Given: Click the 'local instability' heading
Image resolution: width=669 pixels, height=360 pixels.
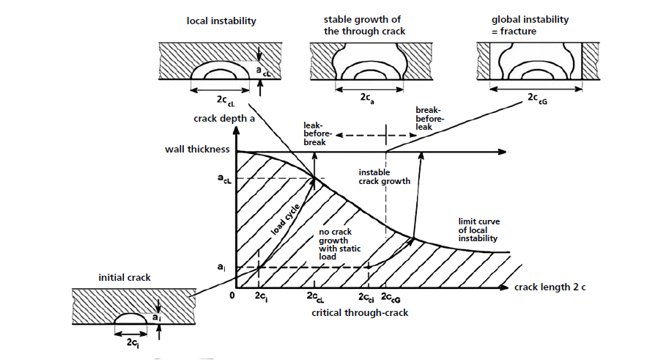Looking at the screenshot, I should [x=221, y=21].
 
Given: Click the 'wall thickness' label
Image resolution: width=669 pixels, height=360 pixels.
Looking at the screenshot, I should [x=197, y=150].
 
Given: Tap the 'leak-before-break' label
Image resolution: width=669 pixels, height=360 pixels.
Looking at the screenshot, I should [x=317, y=133].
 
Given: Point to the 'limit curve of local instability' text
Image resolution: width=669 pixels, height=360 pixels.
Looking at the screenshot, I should [x=478, y=229].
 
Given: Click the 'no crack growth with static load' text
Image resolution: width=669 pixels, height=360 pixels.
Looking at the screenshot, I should [x=339, y=244].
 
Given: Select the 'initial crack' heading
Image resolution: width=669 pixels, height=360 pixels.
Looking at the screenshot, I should [x=124, y=278].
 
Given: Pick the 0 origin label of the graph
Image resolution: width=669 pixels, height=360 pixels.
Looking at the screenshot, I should [x=231, y=296].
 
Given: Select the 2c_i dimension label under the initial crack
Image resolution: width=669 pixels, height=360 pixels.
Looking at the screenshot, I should [x=133, y=342].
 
